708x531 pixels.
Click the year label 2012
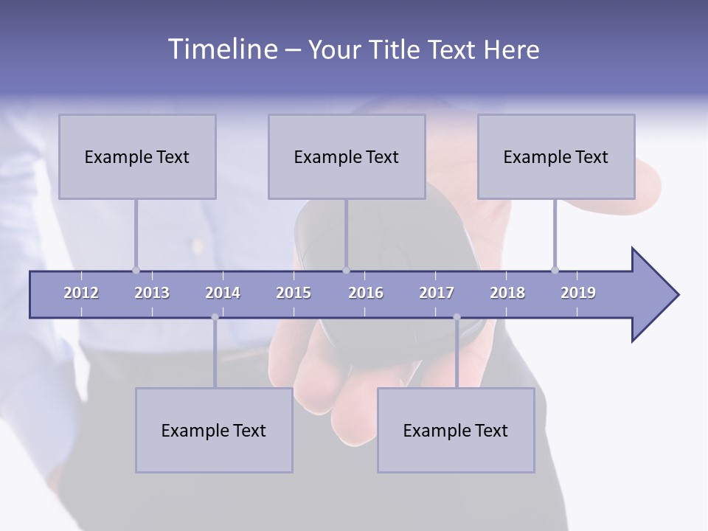81,293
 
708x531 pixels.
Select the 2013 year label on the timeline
152,293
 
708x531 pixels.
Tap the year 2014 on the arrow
223,293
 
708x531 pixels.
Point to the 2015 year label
294,293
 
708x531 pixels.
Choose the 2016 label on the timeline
366,293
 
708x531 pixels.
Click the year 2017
437,293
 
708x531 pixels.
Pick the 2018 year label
507,293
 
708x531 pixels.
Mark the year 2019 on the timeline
578,293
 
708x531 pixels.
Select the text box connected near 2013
137,156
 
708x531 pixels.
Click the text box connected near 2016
347,156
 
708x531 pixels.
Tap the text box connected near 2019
556,156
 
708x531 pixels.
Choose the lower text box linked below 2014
214,430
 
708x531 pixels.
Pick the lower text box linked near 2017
456,430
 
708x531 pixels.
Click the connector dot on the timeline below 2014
215,317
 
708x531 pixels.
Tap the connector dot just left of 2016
346,270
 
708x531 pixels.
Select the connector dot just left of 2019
555,270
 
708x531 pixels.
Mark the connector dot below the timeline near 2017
457,317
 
